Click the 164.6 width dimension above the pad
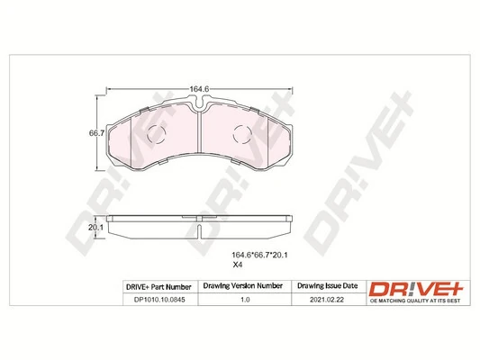pyautogui.click(x=199, y=88)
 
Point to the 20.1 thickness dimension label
pyautogui.click(x=93, y=228)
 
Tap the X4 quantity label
pyautogui.click(x=238, y=265)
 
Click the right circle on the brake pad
pyautogui.click(x=242, y=137)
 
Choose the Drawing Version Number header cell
pyautogui.click(x=244, y=286)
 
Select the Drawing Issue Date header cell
pyautogui.click(x=326, y=286)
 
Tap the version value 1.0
pyautogui.click(x=244, y=301)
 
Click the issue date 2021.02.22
pyautogui.click(x=326, y=301)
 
